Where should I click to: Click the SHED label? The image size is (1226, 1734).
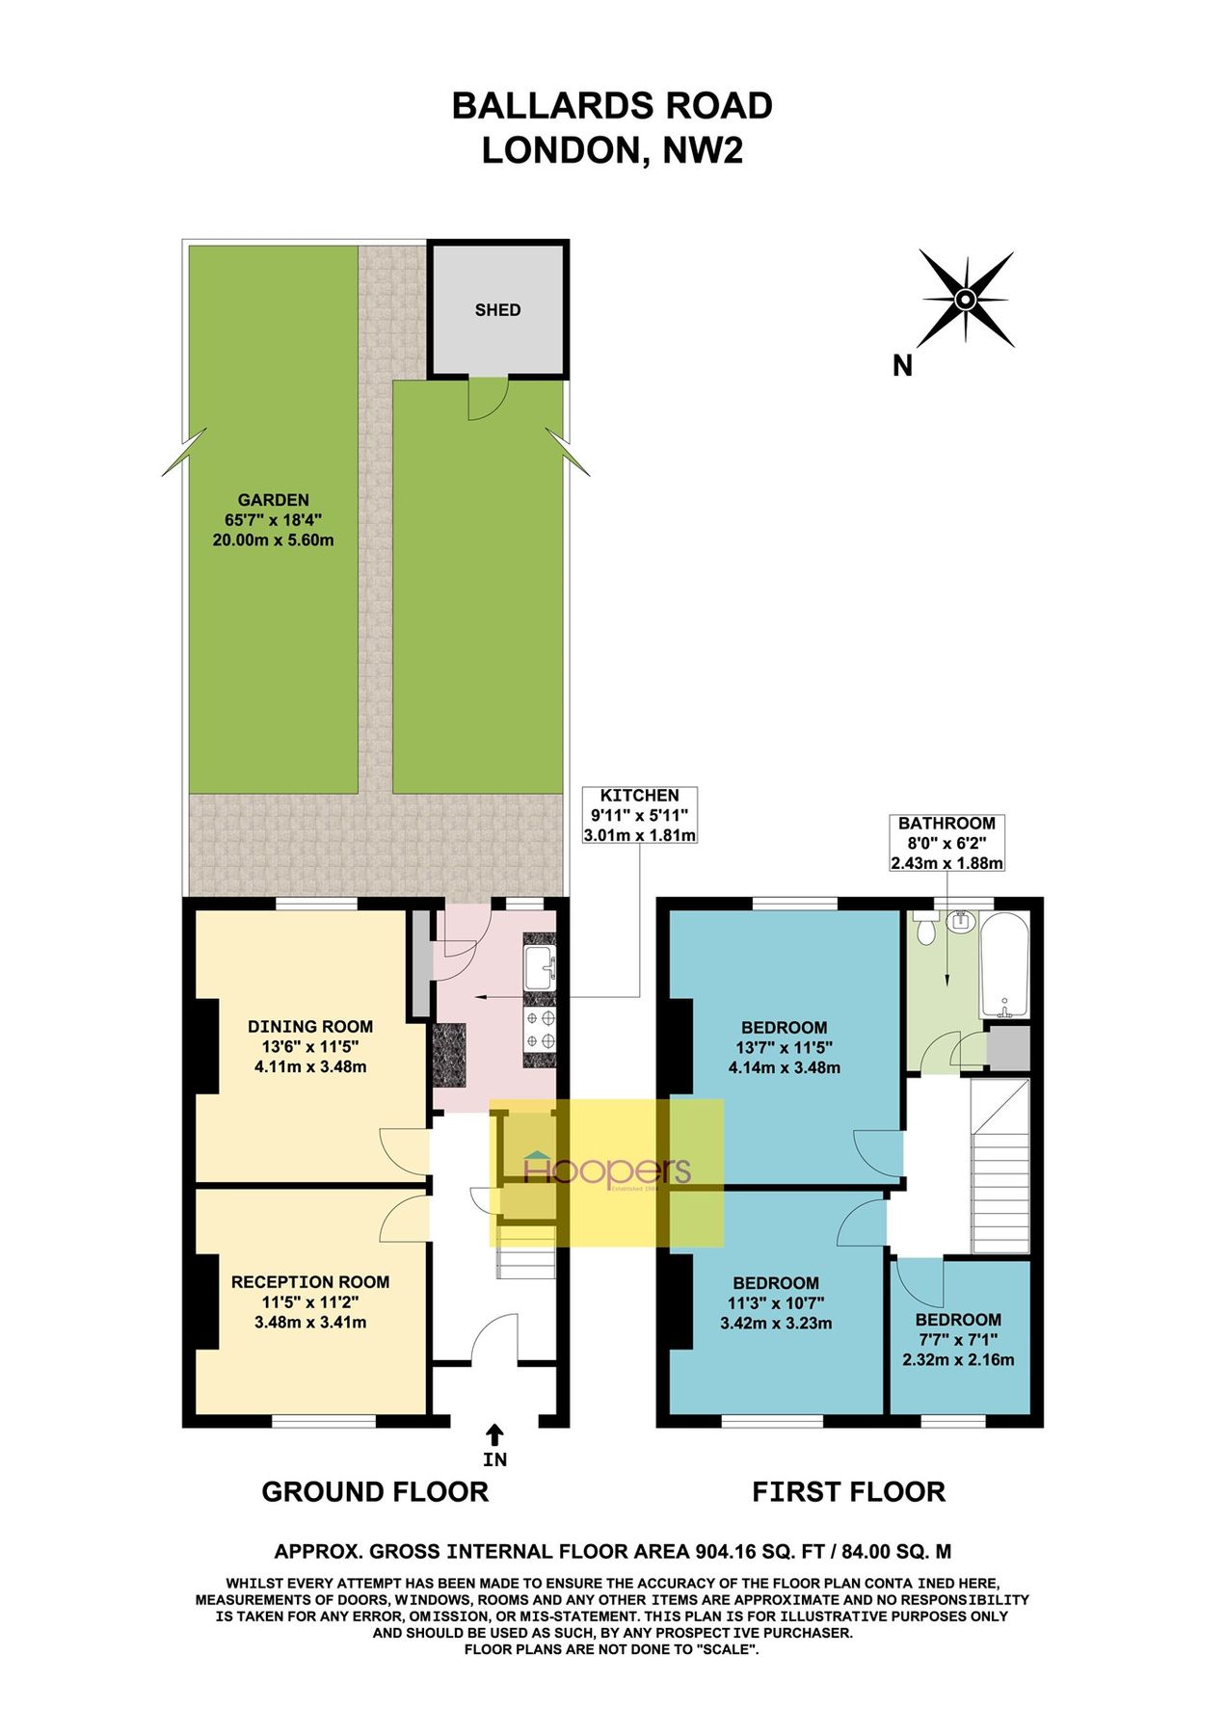point(497,310)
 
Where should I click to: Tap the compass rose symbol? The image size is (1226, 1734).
point(965,300)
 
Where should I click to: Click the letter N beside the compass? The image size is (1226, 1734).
point(902,366)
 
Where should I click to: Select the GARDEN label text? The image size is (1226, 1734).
point(274,500)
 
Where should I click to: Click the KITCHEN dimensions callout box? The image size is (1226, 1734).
point(640,815)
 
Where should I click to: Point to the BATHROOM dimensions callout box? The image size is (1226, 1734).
point(946,843)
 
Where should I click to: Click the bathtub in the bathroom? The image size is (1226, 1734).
point(1004,965)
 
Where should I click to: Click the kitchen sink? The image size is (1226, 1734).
point(538,967)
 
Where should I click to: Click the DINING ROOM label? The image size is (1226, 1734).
point(310,1027)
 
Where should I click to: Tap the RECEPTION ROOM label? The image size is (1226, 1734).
point(310,1282)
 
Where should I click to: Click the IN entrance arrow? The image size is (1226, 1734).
point(494,1435)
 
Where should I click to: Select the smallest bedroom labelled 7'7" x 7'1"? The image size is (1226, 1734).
point(958,1339)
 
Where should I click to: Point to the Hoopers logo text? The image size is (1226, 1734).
point(607,1170)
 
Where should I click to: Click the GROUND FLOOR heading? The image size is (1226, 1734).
point(375,1492)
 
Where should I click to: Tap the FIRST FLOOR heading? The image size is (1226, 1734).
point(848,1492)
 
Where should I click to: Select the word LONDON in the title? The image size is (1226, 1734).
point(558,151)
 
